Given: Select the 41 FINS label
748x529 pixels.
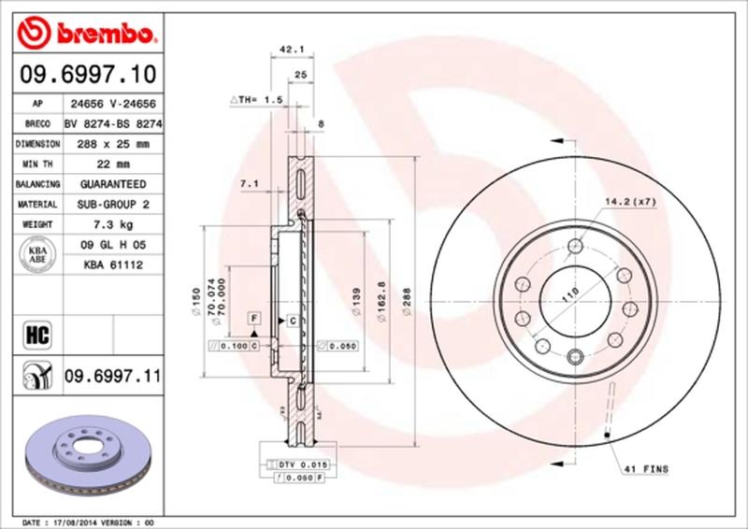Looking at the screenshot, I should (646, 470).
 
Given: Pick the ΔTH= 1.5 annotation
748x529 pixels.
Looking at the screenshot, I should (255, 98).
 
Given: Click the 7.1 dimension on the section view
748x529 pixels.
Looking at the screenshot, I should (249, 184).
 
